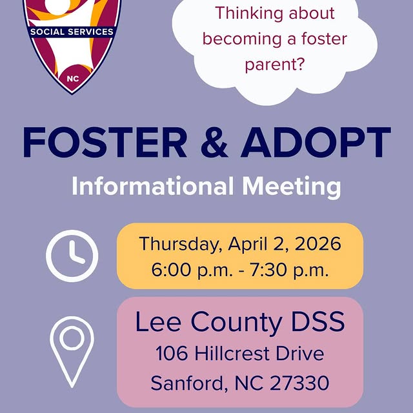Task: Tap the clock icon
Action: pyautogui.click(x=73, y=256)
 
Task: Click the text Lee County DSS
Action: pyautogui.click(x=240, y=323)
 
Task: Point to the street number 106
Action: pyautogui.click(x=170, y=354)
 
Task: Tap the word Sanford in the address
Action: pyautogui.click(x=186, y=383)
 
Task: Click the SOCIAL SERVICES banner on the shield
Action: pyautogui.click(x=72, y=32)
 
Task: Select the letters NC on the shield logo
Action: pyautogui.click(x=72, y=79)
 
